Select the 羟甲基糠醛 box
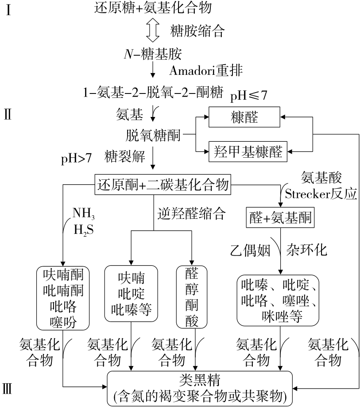pos(247,150)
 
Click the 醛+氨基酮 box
pos(279,218)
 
